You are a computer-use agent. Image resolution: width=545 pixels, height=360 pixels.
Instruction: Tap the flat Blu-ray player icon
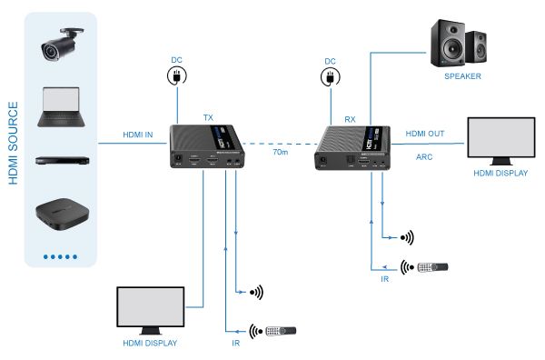coord(60,161)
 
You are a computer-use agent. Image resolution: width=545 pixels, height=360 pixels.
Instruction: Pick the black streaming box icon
coord(60,215)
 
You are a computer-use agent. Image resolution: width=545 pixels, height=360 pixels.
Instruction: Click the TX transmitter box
coord(208,146)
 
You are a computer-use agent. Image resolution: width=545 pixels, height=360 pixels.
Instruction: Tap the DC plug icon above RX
coord(329,78)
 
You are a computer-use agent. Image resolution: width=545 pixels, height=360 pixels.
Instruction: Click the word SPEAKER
coord(462,76)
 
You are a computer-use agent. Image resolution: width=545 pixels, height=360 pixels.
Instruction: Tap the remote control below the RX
coord(431,268)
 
